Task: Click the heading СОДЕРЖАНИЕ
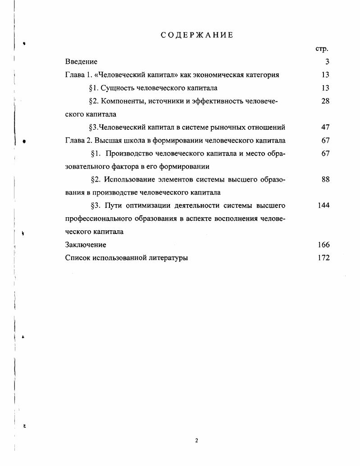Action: pos(197,35)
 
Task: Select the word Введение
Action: pos(81,62)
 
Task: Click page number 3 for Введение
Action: pos(327,62)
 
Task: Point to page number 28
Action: pos(325,101)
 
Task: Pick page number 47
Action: pos(325,127)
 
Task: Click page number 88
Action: pos(325,179)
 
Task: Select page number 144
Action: pos(324,206)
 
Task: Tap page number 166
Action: pos(324,245)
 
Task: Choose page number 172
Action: pos(324,258)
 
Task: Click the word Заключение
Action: pos(86,245)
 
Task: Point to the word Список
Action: pos(77,258)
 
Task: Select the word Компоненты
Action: pos(121,101)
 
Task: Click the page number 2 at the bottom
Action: pos(196,440)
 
